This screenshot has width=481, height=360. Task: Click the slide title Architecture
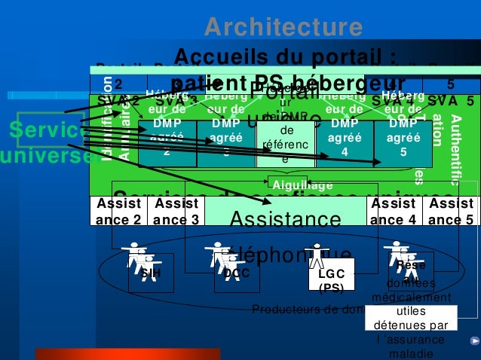click(x=283, y=27)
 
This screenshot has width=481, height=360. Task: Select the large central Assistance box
click(x=286, y=218)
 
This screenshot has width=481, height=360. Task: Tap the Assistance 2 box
click(x=118, y=212)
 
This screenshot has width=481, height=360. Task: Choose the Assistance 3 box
click(x=175, y=212)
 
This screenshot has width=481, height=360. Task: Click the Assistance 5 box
click(x=450, y=212)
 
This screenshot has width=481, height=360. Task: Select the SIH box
click(x=151, y=273)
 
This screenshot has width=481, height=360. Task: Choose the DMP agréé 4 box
click(x=345, y=139)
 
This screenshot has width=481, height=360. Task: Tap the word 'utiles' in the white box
click(x=410, y=310)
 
